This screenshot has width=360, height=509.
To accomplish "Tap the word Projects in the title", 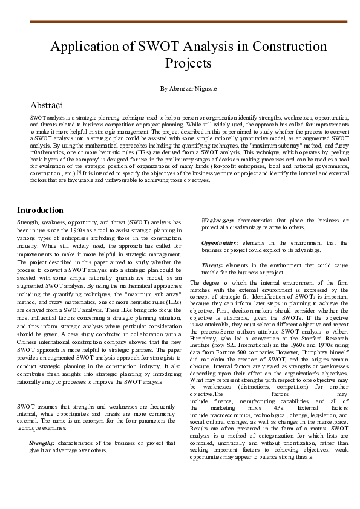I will tap(188, 63).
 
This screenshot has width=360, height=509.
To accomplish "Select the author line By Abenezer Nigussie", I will tap(188, 88).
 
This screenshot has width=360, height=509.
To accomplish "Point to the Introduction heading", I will tap(40, 210).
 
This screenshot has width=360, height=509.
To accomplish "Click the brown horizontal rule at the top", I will tap(188, 22).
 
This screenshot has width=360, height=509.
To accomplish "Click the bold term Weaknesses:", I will tap(218, 221).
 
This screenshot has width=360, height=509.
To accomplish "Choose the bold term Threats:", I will tap(213, 265).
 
